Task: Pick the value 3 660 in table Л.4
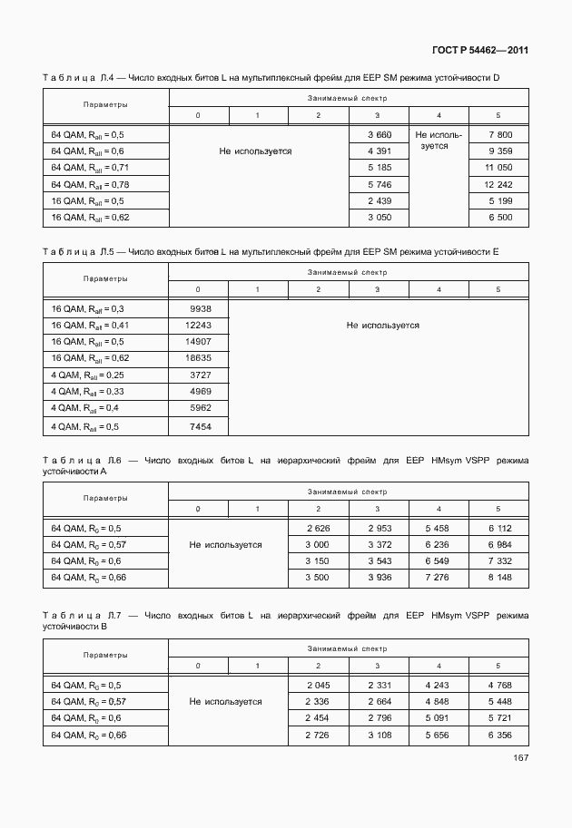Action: click(378, 134)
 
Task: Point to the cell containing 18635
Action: click(197, 358)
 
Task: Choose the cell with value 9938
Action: click(197, 308)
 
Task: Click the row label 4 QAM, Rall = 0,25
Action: click(87, 375)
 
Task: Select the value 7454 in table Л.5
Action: click(197, 425)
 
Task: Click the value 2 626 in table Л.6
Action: click(318, 527)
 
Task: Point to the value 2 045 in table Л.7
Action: click(318, 685)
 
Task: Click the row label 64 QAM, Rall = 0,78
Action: click(87, 184)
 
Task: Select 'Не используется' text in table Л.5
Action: click(382, 325)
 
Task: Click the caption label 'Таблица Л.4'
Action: click(72, 78)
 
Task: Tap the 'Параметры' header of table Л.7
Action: click(104, 655)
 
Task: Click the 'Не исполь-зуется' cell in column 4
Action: click(439, 140)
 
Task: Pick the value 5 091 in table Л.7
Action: click(439, 717)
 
